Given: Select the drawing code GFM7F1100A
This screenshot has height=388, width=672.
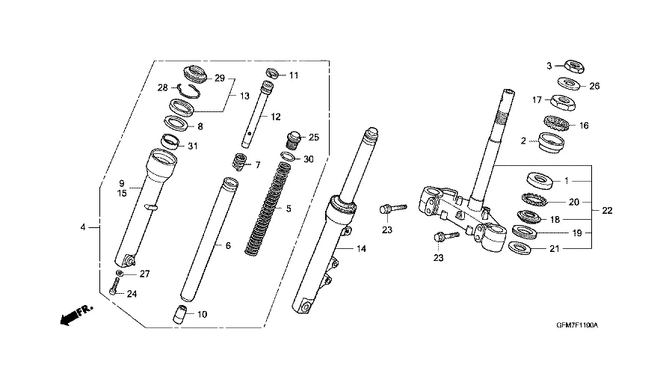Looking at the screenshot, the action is (577, 325).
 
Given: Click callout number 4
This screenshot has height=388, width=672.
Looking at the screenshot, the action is (83, 227).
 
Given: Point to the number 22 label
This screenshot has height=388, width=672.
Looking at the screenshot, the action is (607, 211).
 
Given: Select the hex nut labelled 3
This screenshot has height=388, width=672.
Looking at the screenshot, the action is (574, 67).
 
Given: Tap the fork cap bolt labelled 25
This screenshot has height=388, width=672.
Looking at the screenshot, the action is (293, 141).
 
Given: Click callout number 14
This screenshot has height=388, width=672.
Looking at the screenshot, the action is (361, 249).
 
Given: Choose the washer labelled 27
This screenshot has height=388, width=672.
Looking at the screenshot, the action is (120, 273).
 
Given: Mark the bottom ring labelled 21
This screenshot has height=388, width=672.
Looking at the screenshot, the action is (520, 247).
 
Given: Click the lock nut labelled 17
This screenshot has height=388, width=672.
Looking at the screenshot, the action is (562, 102).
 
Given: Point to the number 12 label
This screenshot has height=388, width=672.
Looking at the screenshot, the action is (276, 117).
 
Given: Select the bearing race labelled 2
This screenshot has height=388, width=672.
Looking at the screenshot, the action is (551, 143).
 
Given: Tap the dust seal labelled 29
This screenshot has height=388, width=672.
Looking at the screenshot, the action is (195, 74).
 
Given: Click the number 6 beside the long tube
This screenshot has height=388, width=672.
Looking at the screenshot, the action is (228, 245).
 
